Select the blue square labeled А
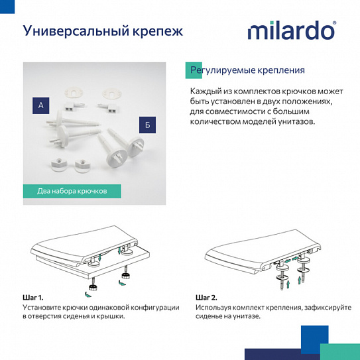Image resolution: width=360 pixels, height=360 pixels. [x=42, y=105]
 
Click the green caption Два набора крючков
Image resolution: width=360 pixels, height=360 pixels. [x=72, y=191]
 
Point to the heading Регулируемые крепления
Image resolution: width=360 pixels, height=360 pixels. [x=247, y=70]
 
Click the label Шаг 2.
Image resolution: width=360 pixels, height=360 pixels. [x=207, y=298]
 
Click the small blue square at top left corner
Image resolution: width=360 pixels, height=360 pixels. [x=5, y=5]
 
